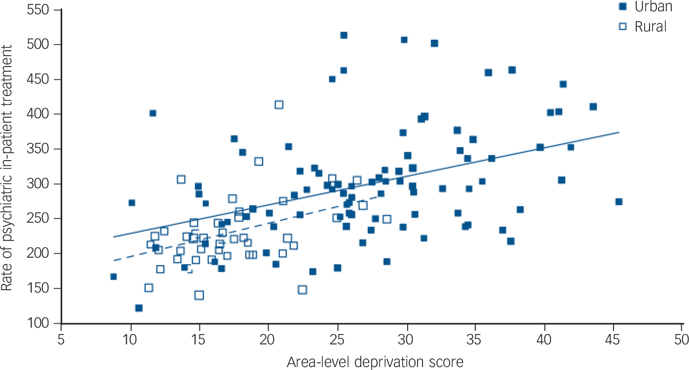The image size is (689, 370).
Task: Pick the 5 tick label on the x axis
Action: tap(61, 340)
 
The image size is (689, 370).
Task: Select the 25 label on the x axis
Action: tap(337, 340)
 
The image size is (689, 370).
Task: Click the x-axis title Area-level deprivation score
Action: tap(375, 362)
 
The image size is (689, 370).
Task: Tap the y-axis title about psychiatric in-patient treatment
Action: tap(7, 166)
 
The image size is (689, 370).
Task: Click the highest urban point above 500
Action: tap(344, 35)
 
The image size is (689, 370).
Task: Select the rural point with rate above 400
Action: tap(279, 104)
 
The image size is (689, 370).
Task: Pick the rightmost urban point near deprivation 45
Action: tap(618, 202)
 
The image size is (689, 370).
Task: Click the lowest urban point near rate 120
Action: tap(139, 308)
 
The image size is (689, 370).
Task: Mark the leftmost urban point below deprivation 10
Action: tap(114, 276)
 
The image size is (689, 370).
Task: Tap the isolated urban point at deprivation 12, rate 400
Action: tap(153, 113)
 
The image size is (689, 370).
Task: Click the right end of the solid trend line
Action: tap(618, 132)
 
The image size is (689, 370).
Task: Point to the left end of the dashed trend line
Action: tap(114, 260)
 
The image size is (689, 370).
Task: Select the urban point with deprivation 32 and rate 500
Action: tap(434, 43)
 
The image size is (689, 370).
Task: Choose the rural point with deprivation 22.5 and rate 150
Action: tap(302, 290)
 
